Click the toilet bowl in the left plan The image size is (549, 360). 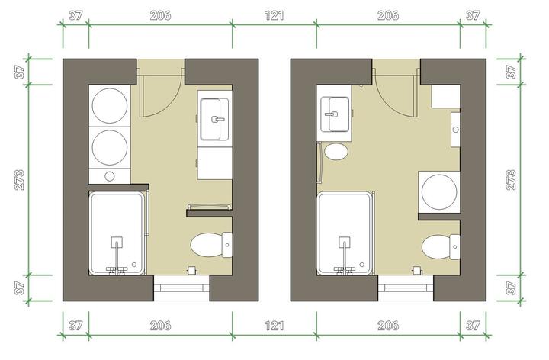tap(207, 245)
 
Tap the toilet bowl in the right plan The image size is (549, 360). tap(436, 247)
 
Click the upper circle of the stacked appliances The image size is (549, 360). tap(110, 106)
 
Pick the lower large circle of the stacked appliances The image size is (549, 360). tap(110, 147)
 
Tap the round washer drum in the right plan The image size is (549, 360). tap(439, 192)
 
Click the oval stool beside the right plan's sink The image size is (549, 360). tap(336, 152)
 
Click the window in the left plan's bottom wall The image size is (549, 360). tap(181, 288)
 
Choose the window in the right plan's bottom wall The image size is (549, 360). tap(406, 288)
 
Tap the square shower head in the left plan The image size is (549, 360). tap(117, 242)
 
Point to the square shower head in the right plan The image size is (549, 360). tap(345, 242)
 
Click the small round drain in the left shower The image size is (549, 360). tap(134, 265)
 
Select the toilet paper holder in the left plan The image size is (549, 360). tap(192, 270)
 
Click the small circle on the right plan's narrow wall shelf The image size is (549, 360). tap(455, 130)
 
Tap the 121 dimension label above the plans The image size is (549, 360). tap(274, 15)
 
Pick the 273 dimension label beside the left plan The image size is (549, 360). tap(19, 180)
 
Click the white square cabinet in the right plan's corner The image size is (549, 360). tap(446, 96)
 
